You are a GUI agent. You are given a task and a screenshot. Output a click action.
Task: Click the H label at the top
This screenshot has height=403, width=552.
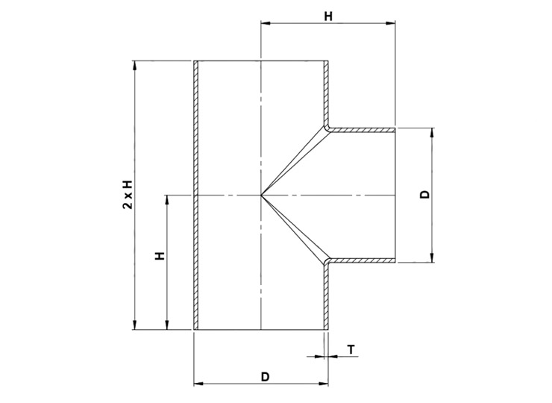point(328,16)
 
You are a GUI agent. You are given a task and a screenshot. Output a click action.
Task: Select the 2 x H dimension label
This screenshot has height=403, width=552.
point(128,195)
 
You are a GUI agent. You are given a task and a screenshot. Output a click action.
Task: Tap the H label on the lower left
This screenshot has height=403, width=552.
point(160,256)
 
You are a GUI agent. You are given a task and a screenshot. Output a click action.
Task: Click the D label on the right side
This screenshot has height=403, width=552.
point(425,195)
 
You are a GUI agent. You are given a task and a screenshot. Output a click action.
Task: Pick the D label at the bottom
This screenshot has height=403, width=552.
point(265,377)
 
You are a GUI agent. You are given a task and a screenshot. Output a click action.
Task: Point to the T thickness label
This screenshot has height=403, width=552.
point(351,350)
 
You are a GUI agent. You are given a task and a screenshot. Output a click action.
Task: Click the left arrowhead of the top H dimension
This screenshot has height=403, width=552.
point(265,23)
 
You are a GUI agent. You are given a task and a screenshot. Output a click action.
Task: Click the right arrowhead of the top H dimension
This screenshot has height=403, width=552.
point(391,23)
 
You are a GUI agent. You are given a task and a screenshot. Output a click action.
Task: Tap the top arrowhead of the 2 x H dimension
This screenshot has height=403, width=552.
point(134,65)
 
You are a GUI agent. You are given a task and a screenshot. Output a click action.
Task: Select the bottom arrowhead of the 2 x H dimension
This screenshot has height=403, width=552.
point(134,325)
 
